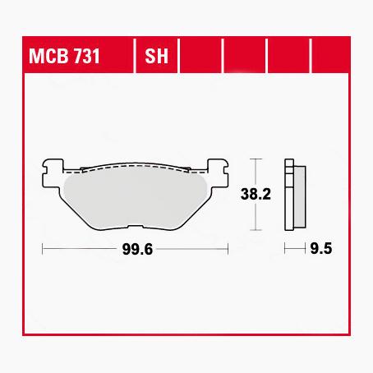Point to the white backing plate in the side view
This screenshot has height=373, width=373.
click(x=288, y=194)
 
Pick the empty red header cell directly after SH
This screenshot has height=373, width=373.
click(x=200, y=57)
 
